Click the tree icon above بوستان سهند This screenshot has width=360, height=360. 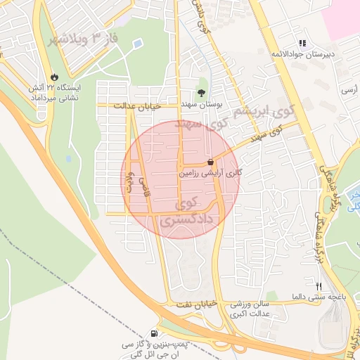click(x=202, y=93)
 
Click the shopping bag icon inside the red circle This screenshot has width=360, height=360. click(x=211, y=162)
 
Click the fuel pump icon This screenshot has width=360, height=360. click(x=154, y=333)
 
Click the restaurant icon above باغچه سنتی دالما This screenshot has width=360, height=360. click(x=319, y=286)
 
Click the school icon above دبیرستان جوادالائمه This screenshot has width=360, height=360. click(x=302, y=42)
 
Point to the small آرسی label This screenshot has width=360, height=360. click(x=349, y=90)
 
